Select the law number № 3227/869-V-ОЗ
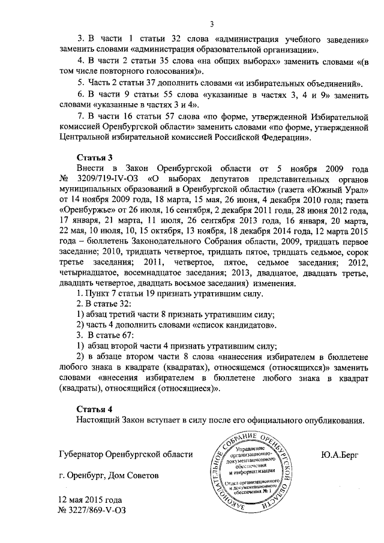92,511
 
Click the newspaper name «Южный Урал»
336,190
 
